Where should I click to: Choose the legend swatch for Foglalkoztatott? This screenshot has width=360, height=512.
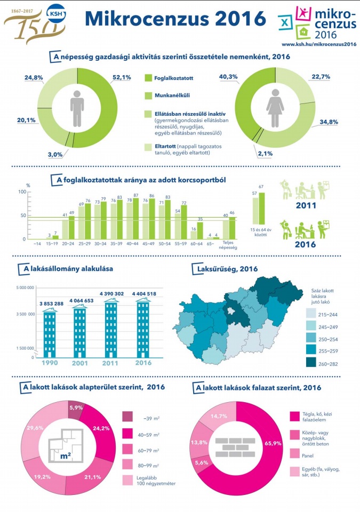coord(150,78)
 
